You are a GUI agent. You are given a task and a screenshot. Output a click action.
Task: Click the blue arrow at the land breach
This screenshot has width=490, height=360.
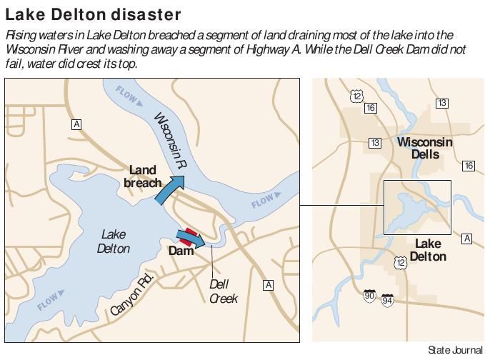[169, 190]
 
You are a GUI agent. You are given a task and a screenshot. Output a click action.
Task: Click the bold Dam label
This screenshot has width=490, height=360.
[181, 251]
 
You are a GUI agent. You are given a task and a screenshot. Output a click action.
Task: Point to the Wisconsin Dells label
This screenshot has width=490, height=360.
[424, 148]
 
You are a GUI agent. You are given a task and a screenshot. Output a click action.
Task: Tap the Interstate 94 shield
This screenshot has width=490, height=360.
[387, 300]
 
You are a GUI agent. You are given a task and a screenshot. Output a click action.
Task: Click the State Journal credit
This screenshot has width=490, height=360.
[456, 350]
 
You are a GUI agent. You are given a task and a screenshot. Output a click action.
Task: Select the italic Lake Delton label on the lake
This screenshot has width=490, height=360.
[114, 241]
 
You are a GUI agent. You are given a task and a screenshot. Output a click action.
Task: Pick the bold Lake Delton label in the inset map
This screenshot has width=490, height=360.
[430, 250]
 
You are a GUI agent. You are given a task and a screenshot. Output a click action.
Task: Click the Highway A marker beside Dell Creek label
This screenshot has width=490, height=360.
[269, 285]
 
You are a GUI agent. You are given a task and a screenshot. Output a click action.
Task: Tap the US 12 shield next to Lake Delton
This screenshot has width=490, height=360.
[400, 264]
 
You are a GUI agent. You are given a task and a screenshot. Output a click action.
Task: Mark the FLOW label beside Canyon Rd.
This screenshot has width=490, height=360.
[48, 301]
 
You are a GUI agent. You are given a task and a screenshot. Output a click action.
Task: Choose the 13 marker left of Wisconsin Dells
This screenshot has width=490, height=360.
[375, 143]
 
